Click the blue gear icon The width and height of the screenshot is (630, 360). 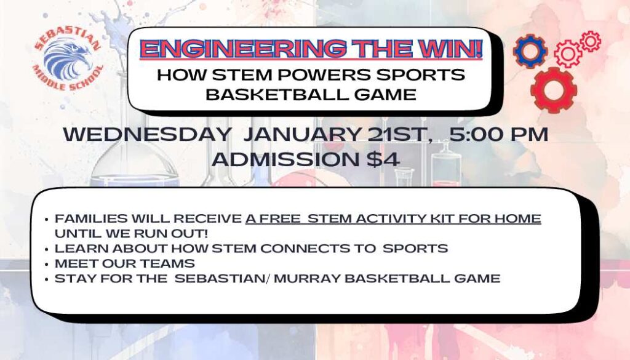530,51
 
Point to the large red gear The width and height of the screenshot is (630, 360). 554,90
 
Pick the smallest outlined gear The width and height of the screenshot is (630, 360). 590,41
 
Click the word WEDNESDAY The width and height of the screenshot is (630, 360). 146,134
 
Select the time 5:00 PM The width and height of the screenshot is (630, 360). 498,134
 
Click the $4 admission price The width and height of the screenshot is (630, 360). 383,159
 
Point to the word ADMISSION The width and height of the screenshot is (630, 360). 285,159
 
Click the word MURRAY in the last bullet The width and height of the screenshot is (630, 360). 307,278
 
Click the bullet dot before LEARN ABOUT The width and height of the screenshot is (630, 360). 47,249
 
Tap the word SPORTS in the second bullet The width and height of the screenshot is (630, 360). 415,249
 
